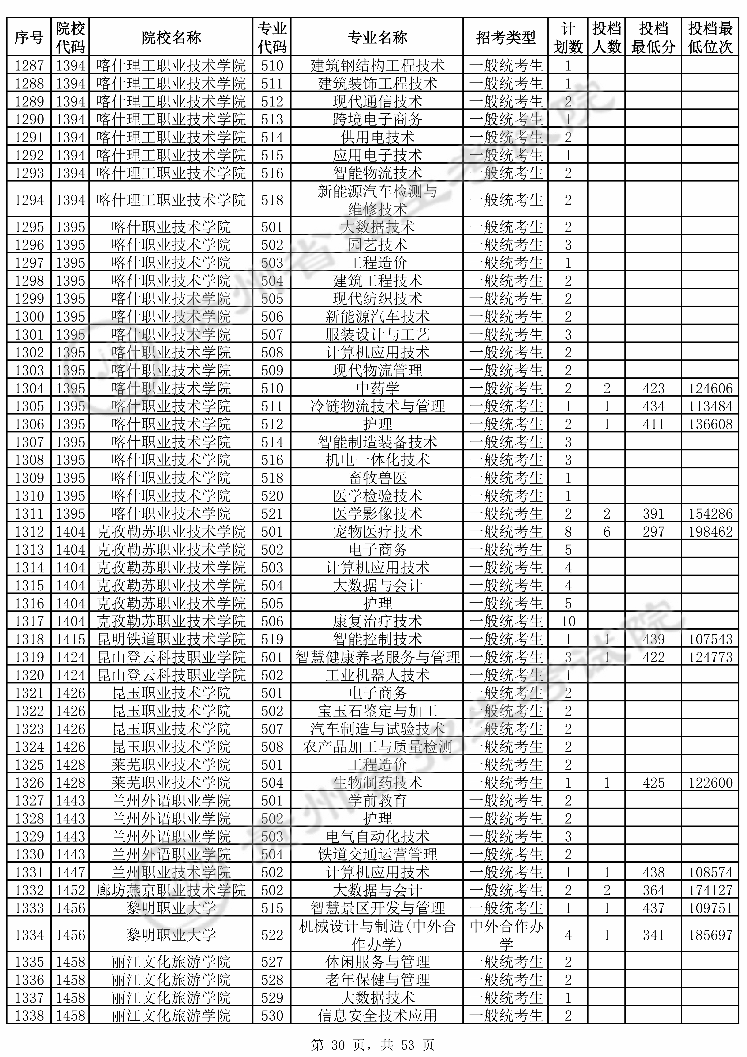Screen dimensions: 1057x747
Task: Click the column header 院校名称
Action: click(171, 38)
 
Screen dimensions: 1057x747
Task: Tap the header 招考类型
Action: click(505, 38)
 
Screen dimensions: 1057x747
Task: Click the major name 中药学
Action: click(377, 388)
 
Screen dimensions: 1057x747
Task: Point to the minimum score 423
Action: click(654, 388)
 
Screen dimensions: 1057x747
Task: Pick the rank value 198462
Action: click(710, 532)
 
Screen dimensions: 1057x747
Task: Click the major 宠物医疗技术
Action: click(377, 532)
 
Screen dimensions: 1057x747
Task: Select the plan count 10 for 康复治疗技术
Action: click(568, 621)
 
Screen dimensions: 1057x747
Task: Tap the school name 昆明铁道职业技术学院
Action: click(171, 639)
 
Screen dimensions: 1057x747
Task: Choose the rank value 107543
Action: click(710, 639)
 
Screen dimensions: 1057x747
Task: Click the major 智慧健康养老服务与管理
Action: click(377, 657)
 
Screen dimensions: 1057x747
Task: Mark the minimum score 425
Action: click(654, 783)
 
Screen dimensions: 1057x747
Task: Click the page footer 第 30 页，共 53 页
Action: click(373, 1041)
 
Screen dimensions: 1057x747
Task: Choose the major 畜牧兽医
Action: click(377, 478)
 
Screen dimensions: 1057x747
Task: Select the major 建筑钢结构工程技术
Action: click(377, 65)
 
